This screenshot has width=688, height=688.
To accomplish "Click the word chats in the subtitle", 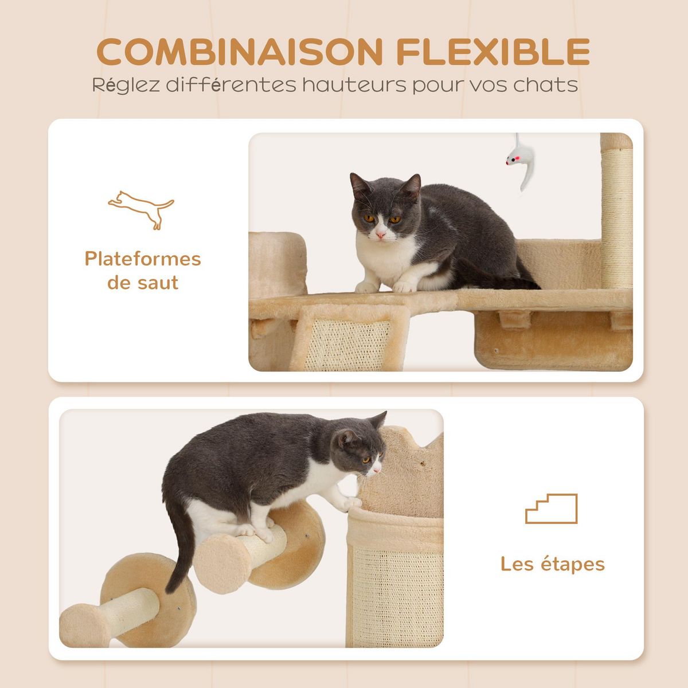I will pos(545,85).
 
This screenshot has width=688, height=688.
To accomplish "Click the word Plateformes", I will pos(143,259).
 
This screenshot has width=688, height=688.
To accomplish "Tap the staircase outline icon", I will pos(551,509).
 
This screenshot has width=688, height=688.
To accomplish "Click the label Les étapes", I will pos(552,564).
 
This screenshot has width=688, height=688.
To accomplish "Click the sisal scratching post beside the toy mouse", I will pos(617,212).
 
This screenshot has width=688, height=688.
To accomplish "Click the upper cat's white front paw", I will pos(405,285).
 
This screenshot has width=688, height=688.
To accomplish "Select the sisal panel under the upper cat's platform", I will pos(355,343).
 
